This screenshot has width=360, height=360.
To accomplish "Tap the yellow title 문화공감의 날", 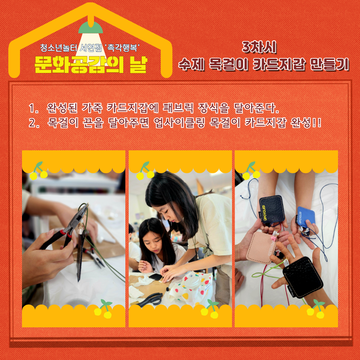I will point(90,64).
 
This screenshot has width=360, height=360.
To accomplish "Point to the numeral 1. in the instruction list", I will point(34,108).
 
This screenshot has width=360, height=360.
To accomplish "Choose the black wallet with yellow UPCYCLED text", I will point(272,210).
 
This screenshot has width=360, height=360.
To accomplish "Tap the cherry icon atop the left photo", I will point(38,171).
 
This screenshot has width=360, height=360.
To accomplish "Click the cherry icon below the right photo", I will point(316,309).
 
